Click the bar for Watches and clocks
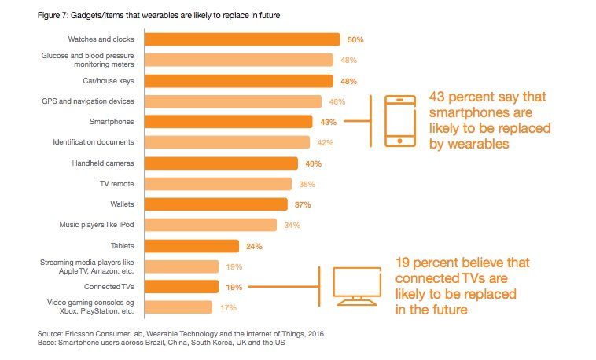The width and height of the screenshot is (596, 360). pyautogui.click(x=242, y=39)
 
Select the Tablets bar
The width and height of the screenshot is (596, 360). pyautogui.click(x=192, y=245)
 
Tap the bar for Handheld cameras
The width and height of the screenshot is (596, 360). pyautogui.click(x=222, y=163)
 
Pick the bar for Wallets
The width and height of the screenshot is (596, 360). pyautogui.click(x=216, y=204)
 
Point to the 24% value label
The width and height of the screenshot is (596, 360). pyautogui.click(x=254, y=246)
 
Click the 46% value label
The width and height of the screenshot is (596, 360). pyautogui.click(x=336, y=101)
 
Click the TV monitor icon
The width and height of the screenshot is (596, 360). pyautogui.click(x=357, y=286)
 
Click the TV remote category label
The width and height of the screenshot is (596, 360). pyautogui.click(x=119, y=184)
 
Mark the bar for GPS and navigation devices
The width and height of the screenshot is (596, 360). pyautogui.click(x=234, y=101)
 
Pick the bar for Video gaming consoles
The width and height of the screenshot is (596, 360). pyautogui.click(x=178, y=307)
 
